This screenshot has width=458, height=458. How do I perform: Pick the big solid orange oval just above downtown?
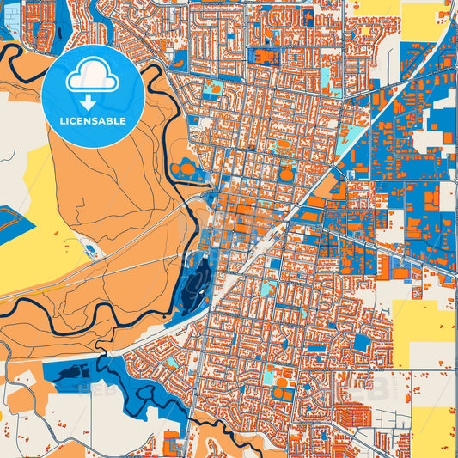(x=286, y=175)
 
